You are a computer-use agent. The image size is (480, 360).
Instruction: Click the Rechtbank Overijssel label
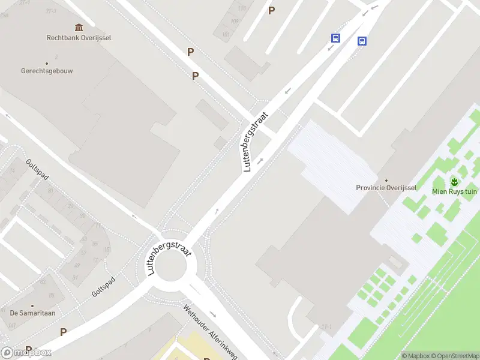(79, 37)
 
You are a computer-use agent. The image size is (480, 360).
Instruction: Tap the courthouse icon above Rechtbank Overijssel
(79, 27)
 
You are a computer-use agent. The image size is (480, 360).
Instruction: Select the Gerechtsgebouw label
(46, 70)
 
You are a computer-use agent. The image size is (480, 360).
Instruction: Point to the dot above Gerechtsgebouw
(46, 62)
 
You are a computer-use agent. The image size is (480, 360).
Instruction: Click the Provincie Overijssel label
(386, 188)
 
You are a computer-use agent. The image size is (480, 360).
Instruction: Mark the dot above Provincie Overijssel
(386, 180)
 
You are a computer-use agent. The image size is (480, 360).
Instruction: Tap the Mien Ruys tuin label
(454, 191)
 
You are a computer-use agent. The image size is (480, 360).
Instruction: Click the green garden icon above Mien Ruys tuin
(454, 181)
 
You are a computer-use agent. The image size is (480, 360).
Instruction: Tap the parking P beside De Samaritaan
(63, 332)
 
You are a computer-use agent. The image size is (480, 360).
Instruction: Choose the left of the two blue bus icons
(335, 38)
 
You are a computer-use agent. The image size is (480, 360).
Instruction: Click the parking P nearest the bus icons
(271, 10)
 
